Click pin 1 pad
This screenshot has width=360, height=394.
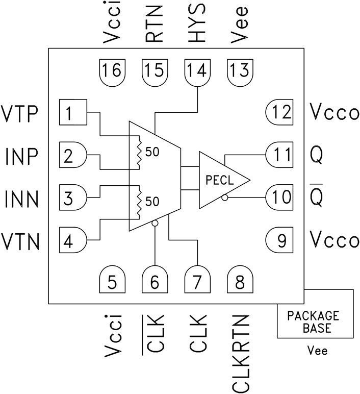73,112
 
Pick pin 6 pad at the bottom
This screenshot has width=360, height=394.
155,280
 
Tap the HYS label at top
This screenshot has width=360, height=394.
197,22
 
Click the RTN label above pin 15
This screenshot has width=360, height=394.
155,22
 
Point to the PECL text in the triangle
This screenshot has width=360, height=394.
220,180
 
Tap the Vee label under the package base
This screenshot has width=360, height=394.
317,352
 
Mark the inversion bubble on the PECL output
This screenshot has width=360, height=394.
225,196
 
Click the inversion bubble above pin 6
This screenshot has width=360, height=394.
155,224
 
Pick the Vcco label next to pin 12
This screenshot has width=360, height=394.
334,112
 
